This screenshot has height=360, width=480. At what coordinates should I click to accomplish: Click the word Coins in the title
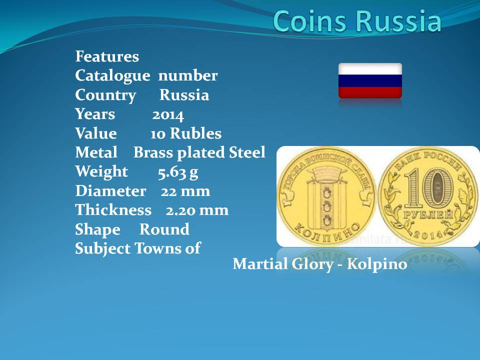pyautogui.click(x=310, y=21)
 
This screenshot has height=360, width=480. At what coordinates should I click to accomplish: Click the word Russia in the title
pyautogui.click(x=399, y=21)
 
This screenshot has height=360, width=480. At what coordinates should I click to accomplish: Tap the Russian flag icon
pyautogui.click(x=370, y=81)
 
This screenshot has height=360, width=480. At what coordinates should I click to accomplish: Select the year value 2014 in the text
pyautogui.click(x=168, y=115)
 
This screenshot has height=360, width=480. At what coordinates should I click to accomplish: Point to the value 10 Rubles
pyautogui.click(x=186, y=134)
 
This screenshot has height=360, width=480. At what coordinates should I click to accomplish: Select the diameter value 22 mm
pyautogui.click(x=185, y=191)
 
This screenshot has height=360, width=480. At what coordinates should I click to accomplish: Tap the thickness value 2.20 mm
pyautogui.click(x=197, y=210)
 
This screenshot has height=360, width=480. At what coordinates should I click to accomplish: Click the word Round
pyautogui.click(x=164, y=229)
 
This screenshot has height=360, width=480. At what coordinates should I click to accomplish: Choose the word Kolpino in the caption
pyautogui.click(x=377, y=264)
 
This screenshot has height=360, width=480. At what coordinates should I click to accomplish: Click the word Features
pyautogui.click(x=107, y=56)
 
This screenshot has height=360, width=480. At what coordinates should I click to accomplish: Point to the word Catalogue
pyautogui.click(x=112, y=76)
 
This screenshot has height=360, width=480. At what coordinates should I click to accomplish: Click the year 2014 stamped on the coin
pyautogui.click(x=428, y=234)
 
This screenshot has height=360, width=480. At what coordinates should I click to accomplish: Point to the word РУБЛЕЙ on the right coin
pyautogui.click(x=428, y=215)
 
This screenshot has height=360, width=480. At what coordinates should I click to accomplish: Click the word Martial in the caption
pyautogui.click(x=259, y=264)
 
